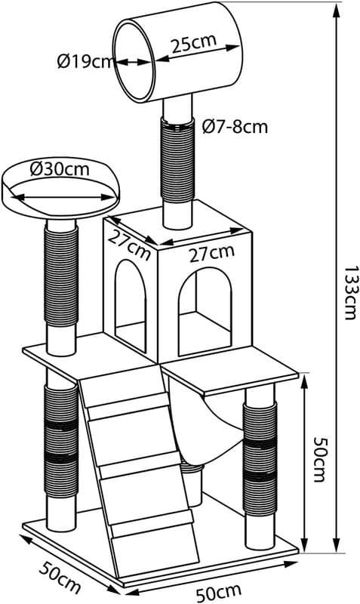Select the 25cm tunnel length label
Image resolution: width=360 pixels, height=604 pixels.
(x=194, y=44)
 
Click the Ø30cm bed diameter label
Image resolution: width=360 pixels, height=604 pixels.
(x=60, y=169)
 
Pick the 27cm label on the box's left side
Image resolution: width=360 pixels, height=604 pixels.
(x=129, y=246)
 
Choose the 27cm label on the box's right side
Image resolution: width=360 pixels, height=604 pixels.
(x=211, y=253)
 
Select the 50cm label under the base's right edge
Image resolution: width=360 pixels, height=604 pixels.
(x=219, y=593)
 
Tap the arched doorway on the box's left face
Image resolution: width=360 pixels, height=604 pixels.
(x=131, y=306)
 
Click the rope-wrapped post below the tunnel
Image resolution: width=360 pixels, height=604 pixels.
(x=177, y=161)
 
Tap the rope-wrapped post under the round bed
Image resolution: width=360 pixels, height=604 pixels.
(x=61, y=276)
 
